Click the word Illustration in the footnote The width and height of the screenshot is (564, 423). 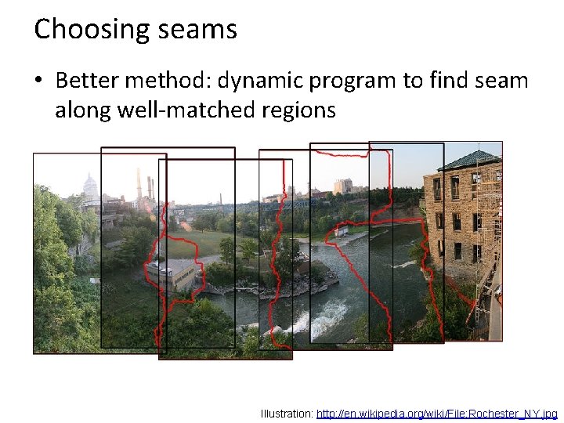[286, 413]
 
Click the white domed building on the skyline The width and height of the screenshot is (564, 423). [91, 187]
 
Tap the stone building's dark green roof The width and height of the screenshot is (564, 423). [469, 160]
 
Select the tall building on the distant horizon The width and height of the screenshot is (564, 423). [342, 186]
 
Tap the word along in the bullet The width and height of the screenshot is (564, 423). [82, 110]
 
